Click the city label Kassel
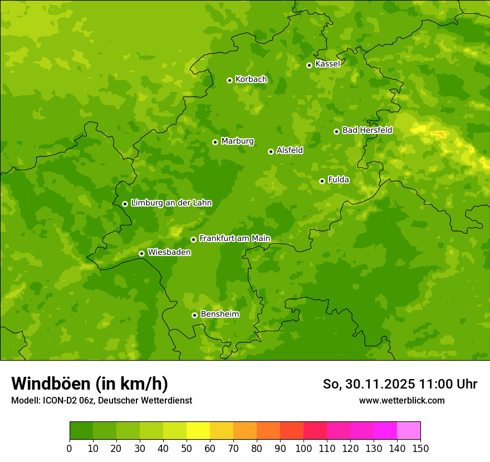(x=327, y=64)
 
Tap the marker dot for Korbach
(x=229, y=80)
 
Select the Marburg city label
(x=237, y=141)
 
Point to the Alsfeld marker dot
(x=271, y=151)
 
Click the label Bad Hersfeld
(x=367, y=130)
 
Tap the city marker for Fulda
(x=322, y=181)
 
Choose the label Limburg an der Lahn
(x=171, y=203)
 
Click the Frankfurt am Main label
(x=234, y=239)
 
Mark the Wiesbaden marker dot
(x=141, y=253)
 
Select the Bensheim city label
(x=219, y=314)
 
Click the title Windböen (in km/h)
(x=90, y=384)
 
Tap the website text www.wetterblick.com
(x=401, y=401)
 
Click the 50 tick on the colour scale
(x=187, y=449)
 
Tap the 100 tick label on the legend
(x=303, y=449)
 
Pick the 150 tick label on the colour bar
(x=420, y=449)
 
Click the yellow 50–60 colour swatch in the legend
(x=198, y=431)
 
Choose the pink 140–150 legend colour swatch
(x=409, y=431)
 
